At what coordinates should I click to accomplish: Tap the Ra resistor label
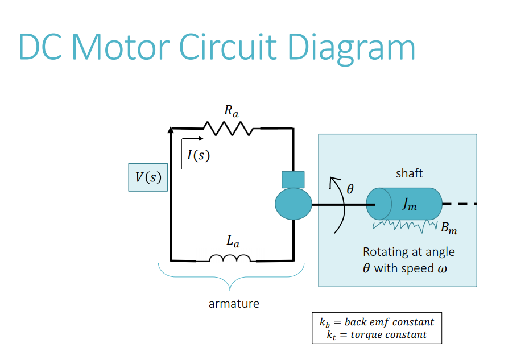click(x=231, y=110)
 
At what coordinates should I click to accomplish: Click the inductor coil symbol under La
click(x=230, y=259)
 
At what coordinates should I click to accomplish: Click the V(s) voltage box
click(x=148, y=177)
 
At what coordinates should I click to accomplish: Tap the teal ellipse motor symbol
click(x=294, y=204)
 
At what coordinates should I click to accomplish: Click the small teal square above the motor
click(x=293, y=179)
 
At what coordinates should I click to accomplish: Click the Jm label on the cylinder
click(x=410, y=205)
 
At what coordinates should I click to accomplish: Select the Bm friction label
click(x=449, y=230)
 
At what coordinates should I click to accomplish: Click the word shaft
click(x=410, y=173)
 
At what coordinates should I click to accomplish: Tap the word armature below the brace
click(x=234, y=304)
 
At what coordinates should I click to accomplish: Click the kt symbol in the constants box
click(x=332, y=335)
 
